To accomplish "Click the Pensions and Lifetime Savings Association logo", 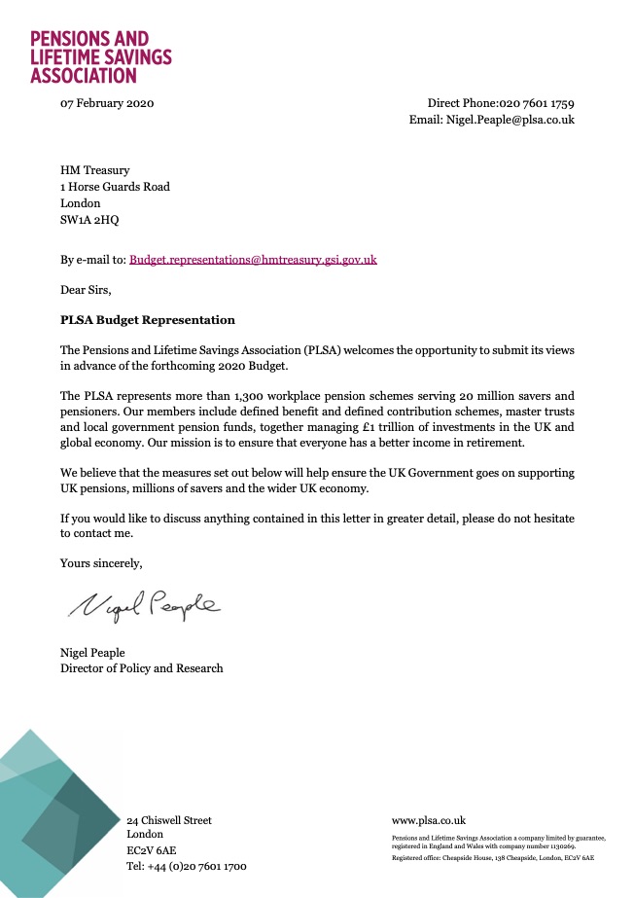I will tap(100, 55).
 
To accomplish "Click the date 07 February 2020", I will tap(107, 104).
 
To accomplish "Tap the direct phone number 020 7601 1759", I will tap(537, 104).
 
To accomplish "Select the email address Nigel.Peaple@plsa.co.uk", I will tap(510, 121).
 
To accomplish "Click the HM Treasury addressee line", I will tap(94, 170).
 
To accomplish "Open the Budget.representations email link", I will tap(253, 260).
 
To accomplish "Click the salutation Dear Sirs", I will tap(86, 289).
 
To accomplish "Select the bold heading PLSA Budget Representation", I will tap(147, 319).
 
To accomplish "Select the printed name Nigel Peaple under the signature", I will tap(92, 652).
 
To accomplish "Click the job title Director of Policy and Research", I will tap(141, 668).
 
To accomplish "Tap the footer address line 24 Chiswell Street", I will tap(169, 820).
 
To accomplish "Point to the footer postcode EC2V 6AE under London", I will tap(152, 850).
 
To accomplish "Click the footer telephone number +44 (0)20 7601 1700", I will tap(187, 866).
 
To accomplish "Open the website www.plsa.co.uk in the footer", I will tap(428, 820).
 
